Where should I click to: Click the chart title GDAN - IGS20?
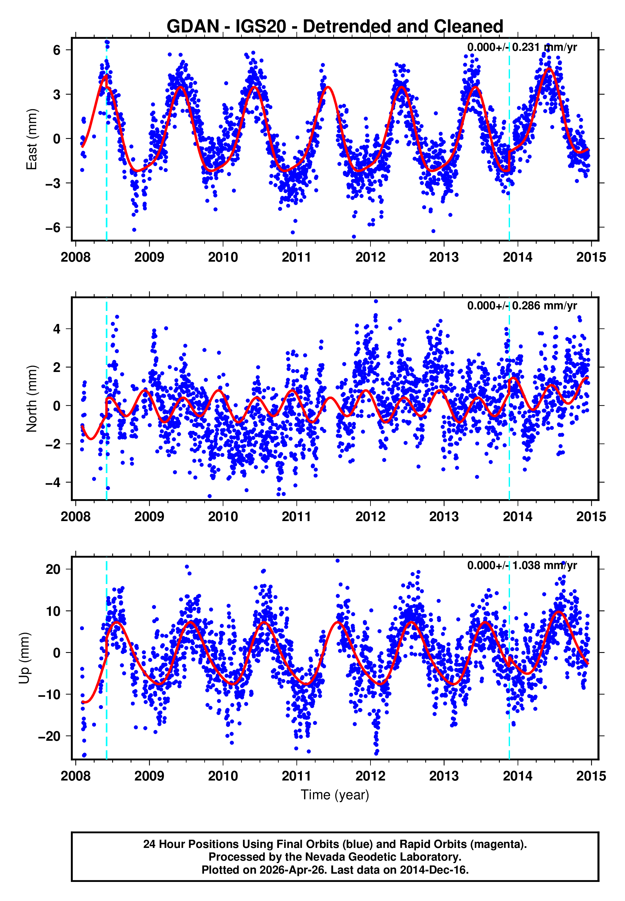[x=335, y=27]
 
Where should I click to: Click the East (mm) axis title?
[x=31, y=139]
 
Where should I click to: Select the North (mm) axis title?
[x=31, y=398]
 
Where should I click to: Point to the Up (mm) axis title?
[x=24, y=658]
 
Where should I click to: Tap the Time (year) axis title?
[x=335, y=795]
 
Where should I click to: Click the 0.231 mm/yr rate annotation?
[x=522, y=47]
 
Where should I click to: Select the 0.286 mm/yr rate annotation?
[x=522, y=306]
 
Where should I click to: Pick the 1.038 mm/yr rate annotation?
[x=522, y=565]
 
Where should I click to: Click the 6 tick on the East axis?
[x=57, y=50]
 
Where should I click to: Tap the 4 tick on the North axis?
[x=57, y=329]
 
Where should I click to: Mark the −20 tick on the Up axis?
[x=49, y=736]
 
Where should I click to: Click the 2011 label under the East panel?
[x=296, y=258]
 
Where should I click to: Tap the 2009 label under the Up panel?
[x=149, y=776]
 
